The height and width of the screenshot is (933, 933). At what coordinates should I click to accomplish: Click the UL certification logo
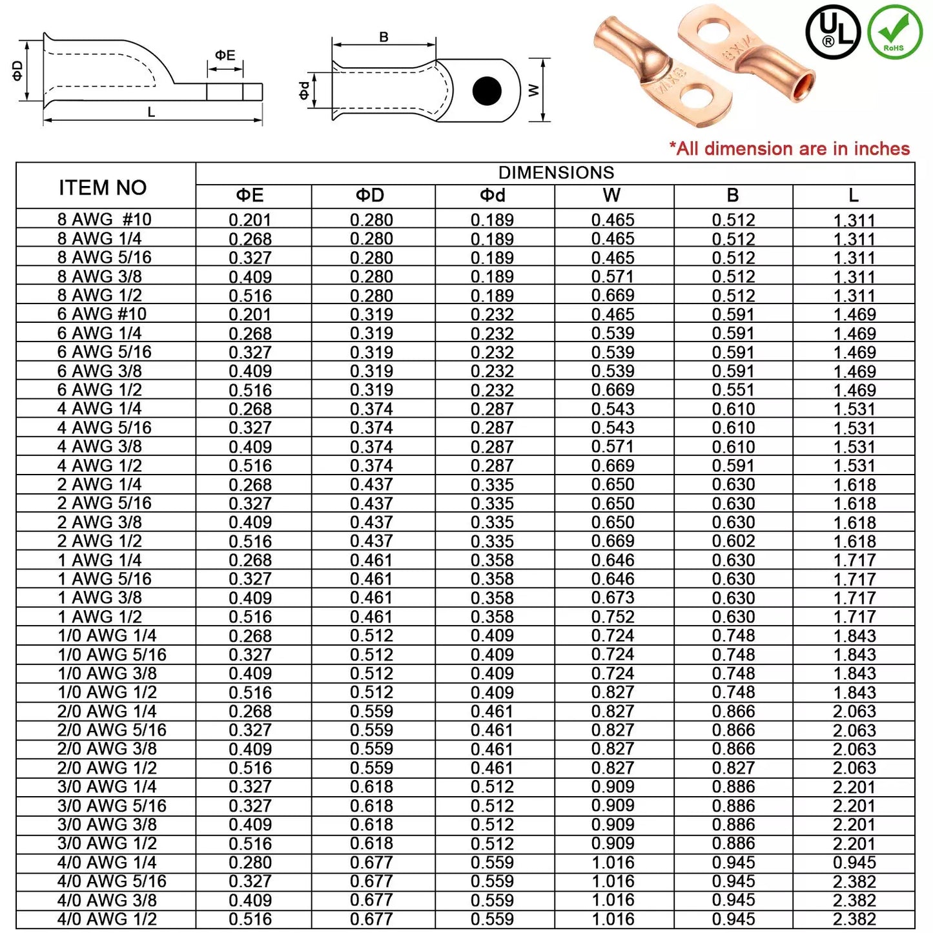(x=833, y=32)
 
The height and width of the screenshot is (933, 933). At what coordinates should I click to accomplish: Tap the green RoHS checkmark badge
(x=894, y=32)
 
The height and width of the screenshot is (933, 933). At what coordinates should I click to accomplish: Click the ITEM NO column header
(x=103, y=187)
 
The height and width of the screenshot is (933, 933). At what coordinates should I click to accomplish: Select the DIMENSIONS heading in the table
(x=556, y=173)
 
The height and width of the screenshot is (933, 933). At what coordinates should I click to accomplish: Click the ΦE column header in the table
(x=250, y=196)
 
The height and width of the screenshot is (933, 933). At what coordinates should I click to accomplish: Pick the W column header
(x=611, y=196)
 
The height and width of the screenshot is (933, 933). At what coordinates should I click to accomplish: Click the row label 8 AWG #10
(x=104, y=220)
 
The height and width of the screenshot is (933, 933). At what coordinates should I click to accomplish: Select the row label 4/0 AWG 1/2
(x=107, y=919)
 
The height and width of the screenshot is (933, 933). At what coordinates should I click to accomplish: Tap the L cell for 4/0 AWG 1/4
(x=854, y=863)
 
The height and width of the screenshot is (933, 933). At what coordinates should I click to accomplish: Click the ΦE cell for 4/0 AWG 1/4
(x=250, y=863)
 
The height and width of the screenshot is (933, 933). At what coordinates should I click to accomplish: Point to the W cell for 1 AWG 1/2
(x=613, y=617)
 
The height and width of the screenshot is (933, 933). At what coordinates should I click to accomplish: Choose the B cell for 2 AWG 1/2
(x=733, y=541)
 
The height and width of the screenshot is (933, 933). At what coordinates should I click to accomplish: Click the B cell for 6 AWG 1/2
(x=733, y=390)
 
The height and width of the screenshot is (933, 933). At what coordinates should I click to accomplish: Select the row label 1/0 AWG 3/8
(x=107, y=673)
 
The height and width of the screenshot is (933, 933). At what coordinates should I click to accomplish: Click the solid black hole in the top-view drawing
(x=487, y=91)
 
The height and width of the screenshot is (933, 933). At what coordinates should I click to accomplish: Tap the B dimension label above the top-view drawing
(x=384, y=37)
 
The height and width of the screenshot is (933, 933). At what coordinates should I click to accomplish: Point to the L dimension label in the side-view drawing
(x=151, y=112)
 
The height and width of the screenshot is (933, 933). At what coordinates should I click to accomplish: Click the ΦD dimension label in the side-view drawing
(x=17, y=70)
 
